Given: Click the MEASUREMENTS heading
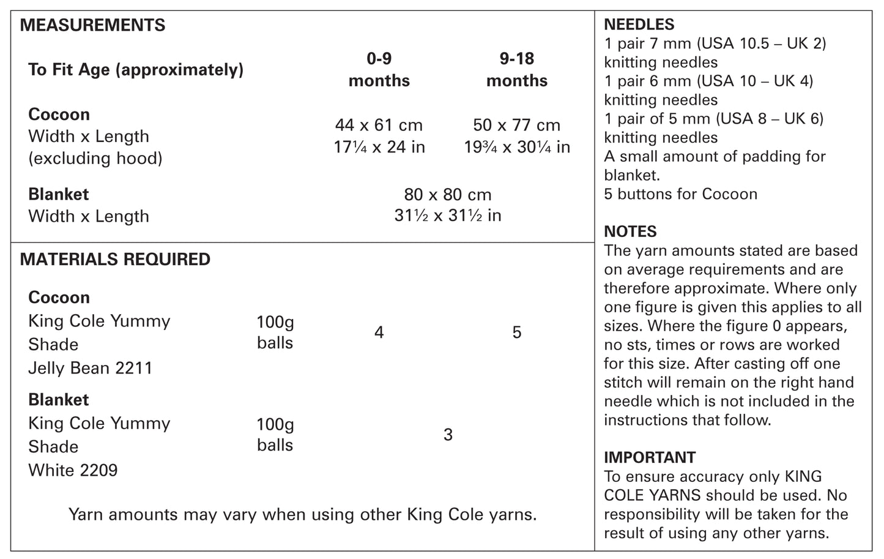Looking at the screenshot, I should pos(92,25).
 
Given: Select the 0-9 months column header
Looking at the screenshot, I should pos(379,70).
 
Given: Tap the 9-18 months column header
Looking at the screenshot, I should pos(517,70).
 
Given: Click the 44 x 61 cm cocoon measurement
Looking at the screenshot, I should pos(379,125).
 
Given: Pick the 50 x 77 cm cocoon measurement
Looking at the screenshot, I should pos(517,125).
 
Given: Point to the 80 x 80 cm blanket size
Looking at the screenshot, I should pos(448,195).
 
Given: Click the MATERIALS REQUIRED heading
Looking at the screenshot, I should pos(115,260).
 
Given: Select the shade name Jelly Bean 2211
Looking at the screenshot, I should pos(90,368).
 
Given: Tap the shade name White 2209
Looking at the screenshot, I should pos(73,470).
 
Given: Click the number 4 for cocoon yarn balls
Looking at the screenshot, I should pos(379,332).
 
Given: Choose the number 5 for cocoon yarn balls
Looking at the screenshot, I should pos(517,332).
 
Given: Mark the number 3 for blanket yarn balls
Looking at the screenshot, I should pos(448,435).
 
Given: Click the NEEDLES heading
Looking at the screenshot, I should pos(639,24).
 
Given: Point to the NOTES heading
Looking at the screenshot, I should pos(630,231).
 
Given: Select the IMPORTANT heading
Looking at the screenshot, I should pos(650,457).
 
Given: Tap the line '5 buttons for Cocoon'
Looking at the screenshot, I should pos(680,194).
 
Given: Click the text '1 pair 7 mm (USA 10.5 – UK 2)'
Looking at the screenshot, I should pos(715,43).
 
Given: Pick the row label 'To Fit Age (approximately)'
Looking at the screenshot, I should pos(136,70).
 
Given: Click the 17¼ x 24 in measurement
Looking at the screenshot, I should pos(379,147).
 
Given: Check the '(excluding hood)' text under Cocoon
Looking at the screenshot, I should pos(95,159).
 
